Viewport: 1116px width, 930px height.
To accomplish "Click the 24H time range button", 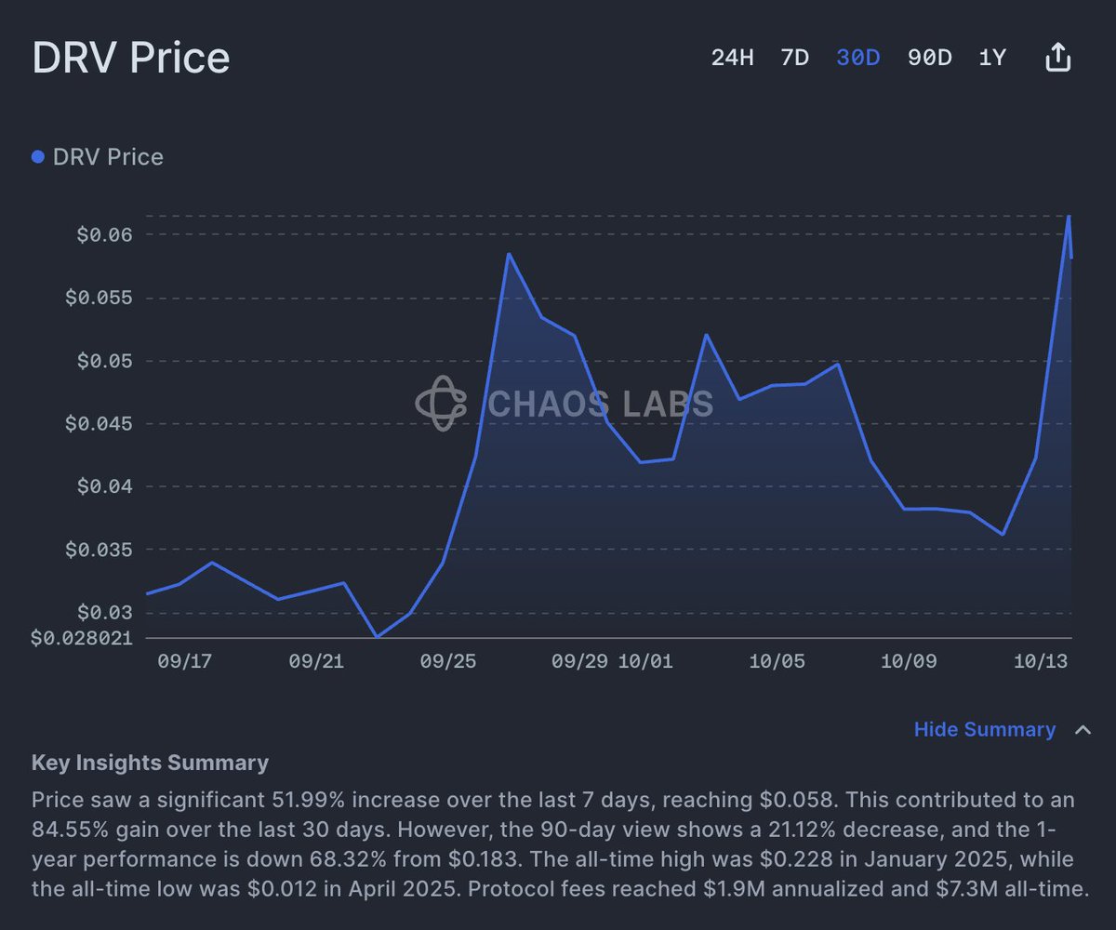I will click(x=732, y=58).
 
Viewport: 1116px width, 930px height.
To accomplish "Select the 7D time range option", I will click(x=794, y=58).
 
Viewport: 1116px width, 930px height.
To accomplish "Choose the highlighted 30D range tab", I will click(x=857, y=58).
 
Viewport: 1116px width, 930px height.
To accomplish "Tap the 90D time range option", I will click(x=929, y=58).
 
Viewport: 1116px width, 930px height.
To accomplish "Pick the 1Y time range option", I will click(x=992, y=58).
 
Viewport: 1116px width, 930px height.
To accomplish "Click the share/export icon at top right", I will click(x=1058, y=58).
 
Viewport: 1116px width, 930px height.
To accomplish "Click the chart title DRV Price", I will click(x=131, y=58).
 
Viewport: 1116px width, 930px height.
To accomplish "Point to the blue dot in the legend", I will click(x=38, y=157).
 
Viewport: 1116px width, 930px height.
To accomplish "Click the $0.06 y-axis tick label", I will click(x=104, y=234).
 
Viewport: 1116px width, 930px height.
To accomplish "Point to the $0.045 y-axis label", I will click(x=99, y=424).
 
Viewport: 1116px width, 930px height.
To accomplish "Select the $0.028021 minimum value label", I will click(x=82, y=639).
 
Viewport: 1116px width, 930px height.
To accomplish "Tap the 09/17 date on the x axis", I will click(x=185, y=661).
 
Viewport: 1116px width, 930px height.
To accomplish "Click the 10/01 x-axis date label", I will click(x=644, y=661).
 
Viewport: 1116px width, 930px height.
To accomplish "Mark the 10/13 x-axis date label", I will click(x=1040, y=661).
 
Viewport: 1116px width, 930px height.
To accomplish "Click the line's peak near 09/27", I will click(x=509, y=254).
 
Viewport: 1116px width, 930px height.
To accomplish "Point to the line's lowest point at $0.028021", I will click(x=377, y=637).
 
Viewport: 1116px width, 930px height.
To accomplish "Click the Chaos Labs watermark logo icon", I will click(x=441, y=404).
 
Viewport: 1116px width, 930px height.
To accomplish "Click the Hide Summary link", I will click(x=985, y=730).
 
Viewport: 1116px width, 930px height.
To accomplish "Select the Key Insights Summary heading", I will click(x=150, y=764).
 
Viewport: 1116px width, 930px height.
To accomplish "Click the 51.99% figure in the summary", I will click(x=308, y=800).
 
